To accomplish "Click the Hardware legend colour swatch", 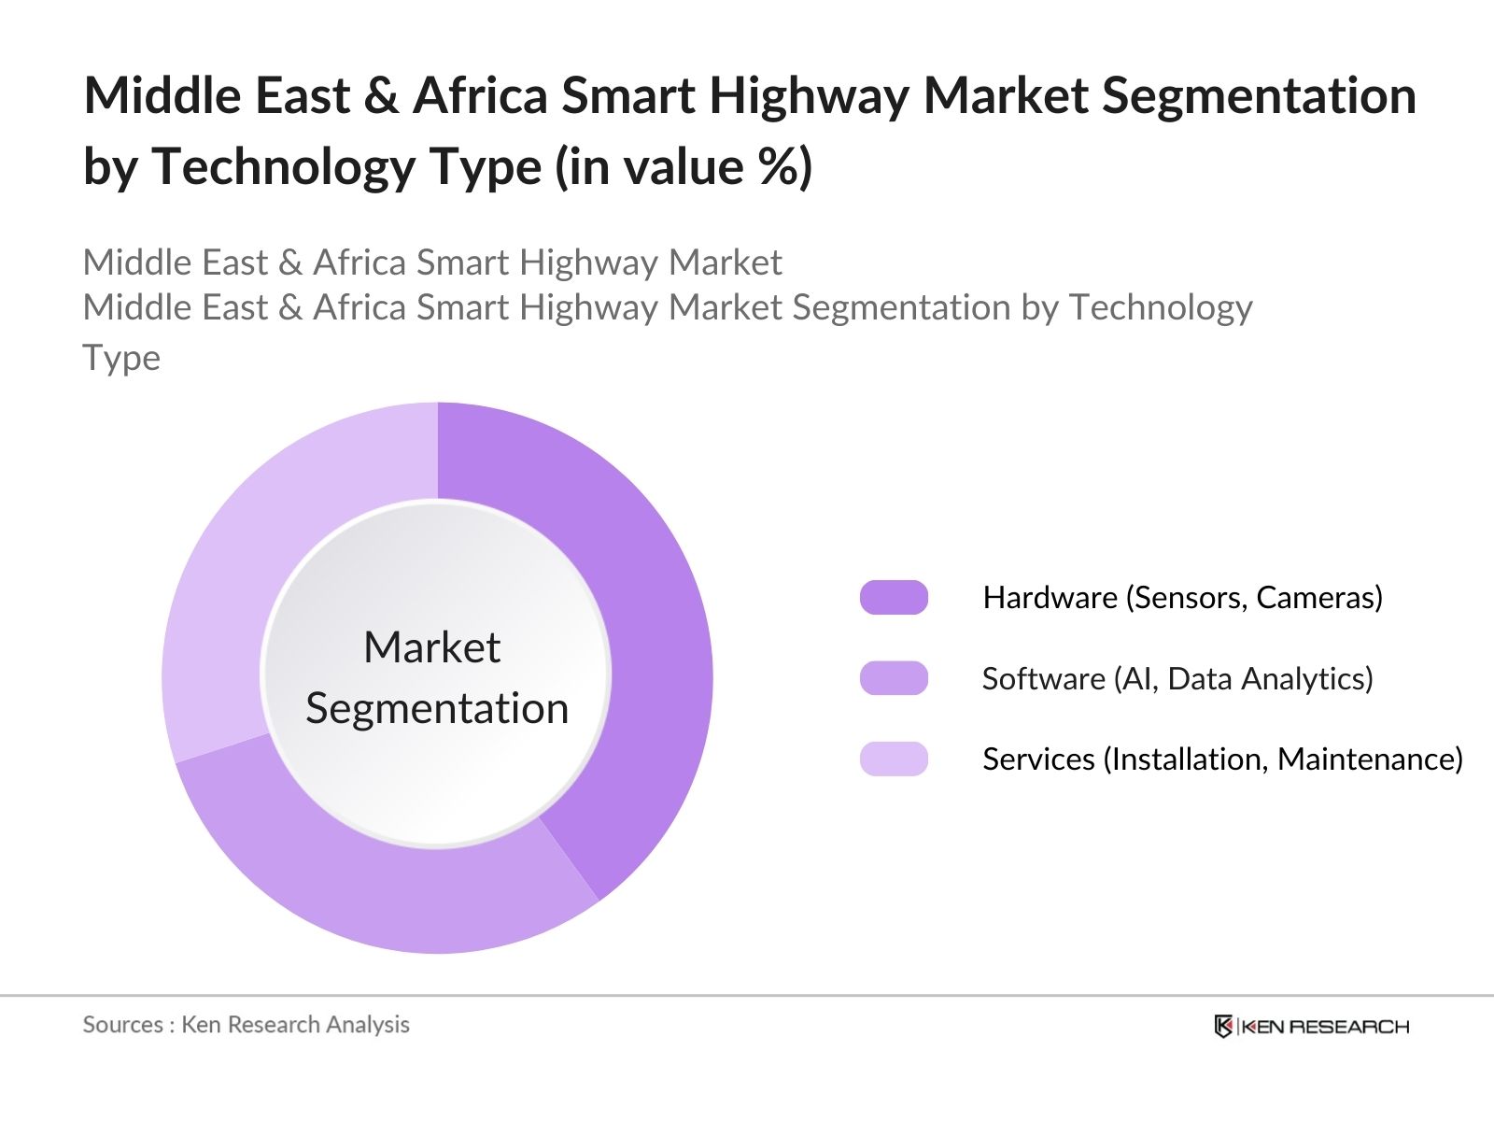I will pyautogui.click(x=894, y=598).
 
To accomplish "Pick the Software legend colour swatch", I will pyautogui.click(x=894, y=678).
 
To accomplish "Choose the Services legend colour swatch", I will pyautogui.click(x=894, y=759).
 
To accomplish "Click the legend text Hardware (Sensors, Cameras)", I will pyautogui.click(x=1182, y=598).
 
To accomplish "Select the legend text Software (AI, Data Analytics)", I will pyautogui.click(x=1177, y=678).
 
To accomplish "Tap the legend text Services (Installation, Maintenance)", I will pyautogui.click(x=1222, y=759).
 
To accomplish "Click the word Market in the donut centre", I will pyautogui.click(x=431, y=647).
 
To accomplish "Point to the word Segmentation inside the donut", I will pyautogui.click(x=437, y=708).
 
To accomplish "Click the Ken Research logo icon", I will pyautogui.click(x=1223, y=1027).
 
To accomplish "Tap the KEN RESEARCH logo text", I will pyautogui.click(x=1324, y=1027).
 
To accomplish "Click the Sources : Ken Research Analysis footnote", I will pyautogui.click(x=246, y=1025).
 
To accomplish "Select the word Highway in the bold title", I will pyautogui.click(x=809, y=97).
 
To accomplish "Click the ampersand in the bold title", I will pyautogui.click(x=381, y=97).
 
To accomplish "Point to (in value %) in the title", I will pyautogui.click(x=684, y=167).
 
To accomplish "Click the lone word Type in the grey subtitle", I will pyautogui.click(x=121, y=358).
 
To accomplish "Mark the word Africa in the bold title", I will pyautogui.click(x=480, y=97).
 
